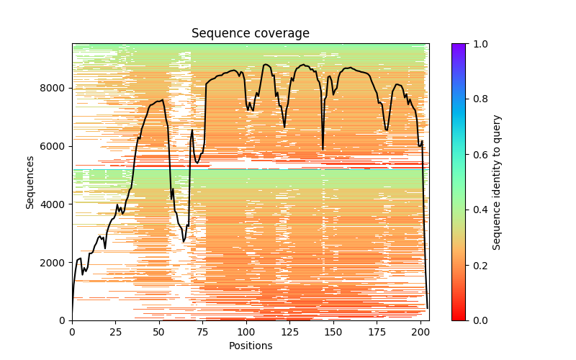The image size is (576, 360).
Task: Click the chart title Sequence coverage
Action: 250,34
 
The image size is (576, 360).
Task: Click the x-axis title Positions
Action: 250,346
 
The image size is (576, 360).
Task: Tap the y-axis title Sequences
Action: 30,181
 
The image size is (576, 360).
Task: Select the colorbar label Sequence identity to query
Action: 497,181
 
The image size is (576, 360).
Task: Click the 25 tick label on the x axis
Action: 115,332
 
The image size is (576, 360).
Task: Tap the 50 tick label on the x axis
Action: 159,332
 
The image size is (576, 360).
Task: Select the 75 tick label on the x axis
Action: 202,332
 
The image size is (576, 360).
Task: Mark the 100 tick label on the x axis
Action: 246,332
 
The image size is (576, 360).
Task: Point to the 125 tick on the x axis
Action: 289,332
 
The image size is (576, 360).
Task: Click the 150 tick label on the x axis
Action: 333,332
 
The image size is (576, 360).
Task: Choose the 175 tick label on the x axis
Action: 377,332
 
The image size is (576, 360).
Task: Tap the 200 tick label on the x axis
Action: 420,332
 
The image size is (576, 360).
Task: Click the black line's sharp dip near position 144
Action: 323,149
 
